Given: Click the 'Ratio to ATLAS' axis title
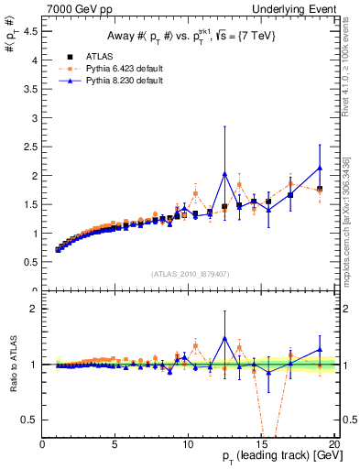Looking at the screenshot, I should [x=13, y=365].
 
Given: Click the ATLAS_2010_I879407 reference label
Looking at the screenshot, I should [x=189, y=274].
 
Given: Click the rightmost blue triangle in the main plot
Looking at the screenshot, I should [x=320, y=168].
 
